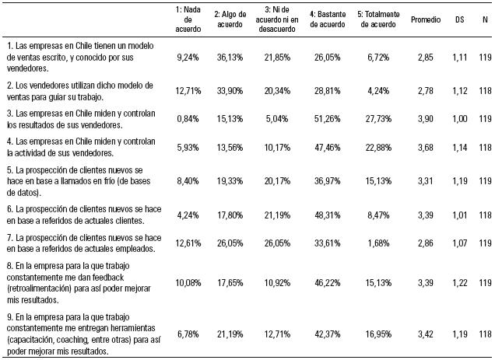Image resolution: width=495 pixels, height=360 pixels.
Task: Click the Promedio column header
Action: pos(426,16)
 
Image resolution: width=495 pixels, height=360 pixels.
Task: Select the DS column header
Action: pos(460,16)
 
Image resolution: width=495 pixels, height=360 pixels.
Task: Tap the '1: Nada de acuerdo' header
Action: pos(190,16)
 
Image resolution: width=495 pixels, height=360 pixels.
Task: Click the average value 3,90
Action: pos(426,118)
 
